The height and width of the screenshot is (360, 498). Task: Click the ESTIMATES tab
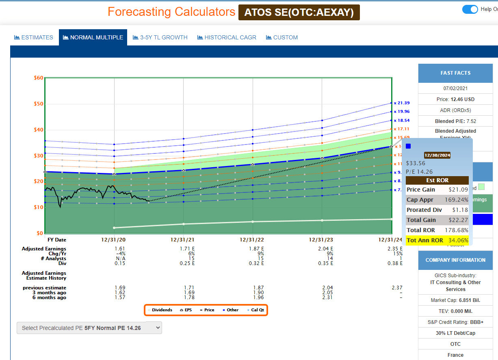pyautogui.click(x=34, y=37)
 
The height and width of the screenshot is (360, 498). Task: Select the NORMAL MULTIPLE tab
pyautogui.click(x=93, y=37)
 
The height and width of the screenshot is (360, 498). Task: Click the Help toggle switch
pyautogui.click(x=470, y=9)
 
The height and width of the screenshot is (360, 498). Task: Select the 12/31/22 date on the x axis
pyautogui.click(x=252, y=240)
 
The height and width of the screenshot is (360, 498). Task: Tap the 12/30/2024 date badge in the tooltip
pyautogui.click(x=437, y=155)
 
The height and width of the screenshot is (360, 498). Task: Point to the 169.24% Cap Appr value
pyautogui.click(x=457, y=200)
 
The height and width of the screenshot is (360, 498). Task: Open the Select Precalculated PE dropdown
pyautogui.click(x=89, y=328)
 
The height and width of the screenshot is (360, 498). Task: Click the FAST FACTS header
pyautogui.click(x=455, y=73)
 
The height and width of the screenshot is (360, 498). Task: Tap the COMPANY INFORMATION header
pyautogui.click(x=455, y=260)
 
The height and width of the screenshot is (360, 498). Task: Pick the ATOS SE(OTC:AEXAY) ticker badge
pyautogui.click(x=299, y=12)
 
